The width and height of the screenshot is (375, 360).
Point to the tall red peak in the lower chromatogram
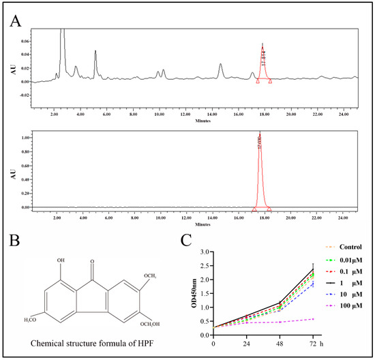[260, 170]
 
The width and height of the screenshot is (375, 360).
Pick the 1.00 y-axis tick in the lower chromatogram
[25, 138]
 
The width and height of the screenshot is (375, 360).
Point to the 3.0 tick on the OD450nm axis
[204, 252]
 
